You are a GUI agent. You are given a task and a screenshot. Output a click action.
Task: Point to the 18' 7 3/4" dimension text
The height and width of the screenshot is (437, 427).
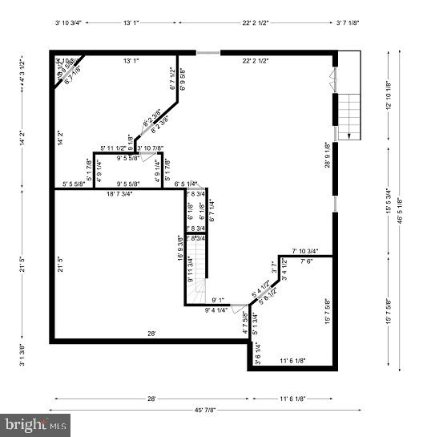point(120,194)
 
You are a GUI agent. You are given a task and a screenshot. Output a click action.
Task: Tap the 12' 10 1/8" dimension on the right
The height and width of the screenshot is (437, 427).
point(389,98)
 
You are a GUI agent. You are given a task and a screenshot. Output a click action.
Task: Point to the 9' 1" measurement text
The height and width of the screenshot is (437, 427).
point(218,301)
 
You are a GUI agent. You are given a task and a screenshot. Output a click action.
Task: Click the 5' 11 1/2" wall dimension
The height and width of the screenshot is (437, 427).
point(114,148)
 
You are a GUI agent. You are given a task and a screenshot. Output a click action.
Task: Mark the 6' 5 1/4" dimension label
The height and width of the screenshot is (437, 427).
point(186,184)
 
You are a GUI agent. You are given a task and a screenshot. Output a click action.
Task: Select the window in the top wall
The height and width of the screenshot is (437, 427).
point(208,54)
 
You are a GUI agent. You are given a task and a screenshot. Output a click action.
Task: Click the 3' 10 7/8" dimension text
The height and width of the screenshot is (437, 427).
point(151,148)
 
